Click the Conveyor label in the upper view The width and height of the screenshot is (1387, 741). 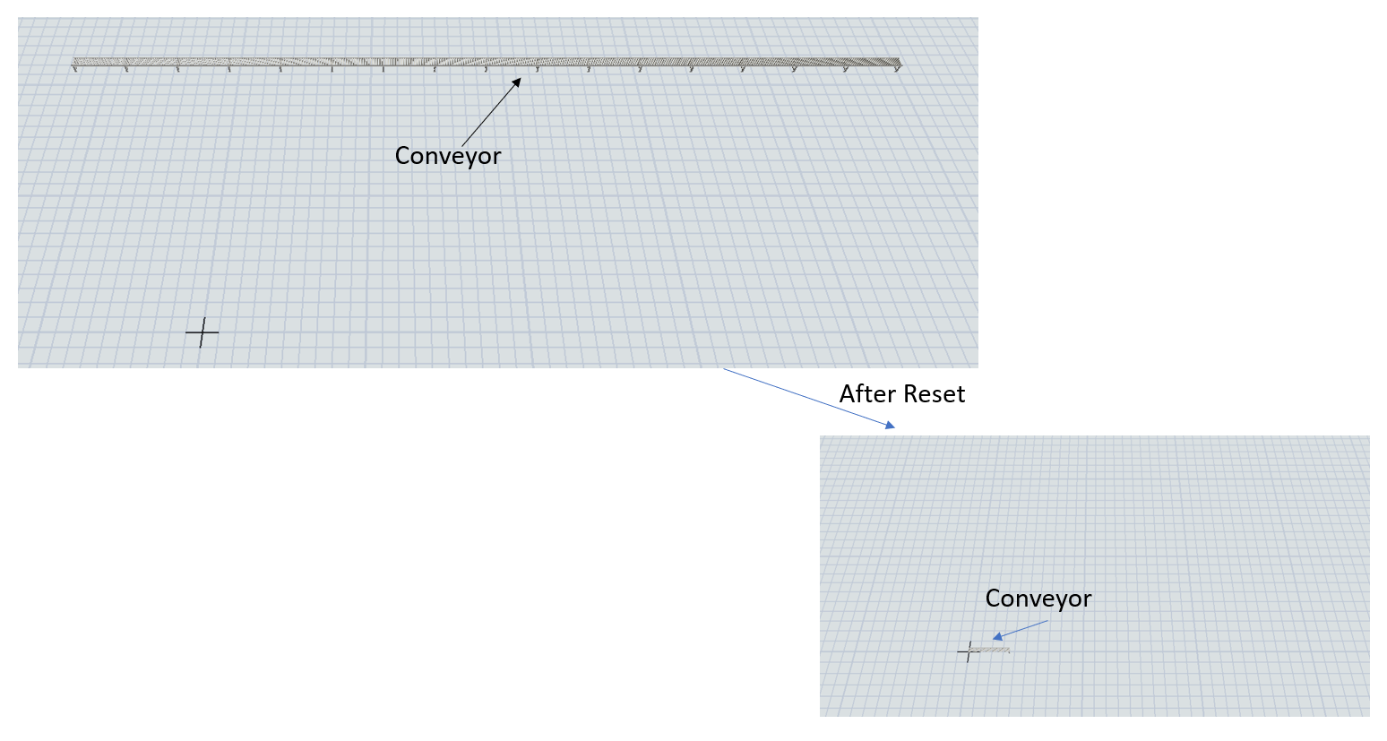pos(447,156)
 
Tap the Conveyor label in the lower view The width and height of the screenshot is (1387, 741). pos(1038,599)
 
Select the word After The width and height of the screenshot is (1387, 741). pos(866,394)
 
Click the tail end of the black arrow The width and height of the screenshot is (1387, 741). pos(462,144)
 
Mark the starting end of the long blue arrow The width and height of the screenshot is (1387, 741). pos(724,369)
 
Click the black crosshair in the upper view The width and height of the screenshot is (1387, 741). pos(202,332)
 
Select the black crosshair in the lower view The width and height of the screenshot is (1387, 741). pos(969,651)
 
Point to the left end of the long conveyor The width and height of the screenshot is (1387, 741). pos(75,62)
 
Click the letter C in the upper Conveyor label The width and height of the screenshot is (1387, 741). pos(403,156)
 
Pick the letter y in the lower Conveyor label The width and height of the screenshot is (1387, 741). pos(1058,600)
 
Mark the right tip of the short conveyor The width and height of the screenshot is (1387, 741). pos(1009,650)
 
